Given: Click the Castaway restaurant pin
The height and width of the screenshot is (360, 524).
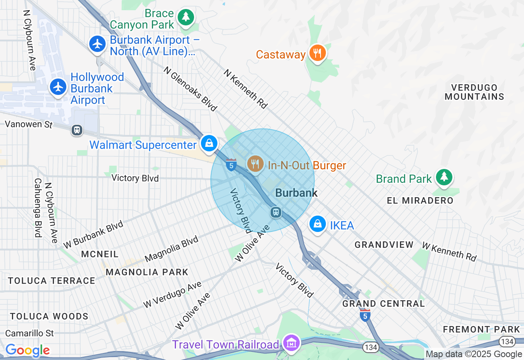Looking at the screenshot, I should [317, 53].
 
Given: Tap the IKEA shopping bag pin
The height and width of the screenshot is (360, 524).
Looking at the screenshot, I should [317, 224].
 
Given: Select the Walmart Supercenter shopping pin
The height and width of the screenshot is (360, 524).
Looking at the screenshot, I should [209, 144].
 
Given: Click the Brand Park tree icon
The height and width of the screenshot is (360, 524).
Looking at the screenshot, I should [444, 177].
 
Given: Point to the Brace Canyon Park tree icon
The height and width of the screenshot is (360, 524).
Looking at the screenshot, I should [186, 17].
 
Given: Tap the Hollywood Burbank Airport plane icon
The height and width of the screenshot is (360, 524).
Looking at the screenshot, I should [59, 87].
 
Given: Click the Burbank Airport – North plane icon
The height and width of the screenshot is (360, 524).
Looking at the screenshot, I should [98, 44].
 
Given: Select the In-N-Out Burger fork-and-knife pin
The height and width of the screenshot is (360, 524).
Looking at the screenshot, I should [255, 164].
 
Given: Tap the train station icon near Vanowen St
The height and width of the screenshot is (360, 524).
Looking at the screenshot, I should [77, 130].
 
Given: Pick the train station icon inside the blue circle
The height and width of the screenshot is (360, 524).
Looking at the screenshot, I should [276, 212].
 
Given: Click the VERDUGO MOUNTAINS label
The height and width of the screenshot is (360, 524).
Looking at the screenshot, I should [474, 92].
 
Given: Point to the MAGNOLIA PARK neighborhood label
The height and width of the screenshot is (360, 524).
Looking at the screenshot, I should [147, 272].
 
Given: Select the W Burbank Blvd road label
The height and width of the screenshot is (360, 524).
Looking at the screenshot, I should [93, 234].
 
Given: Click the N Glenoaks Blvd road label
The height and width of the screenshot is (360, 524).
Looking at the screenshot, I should [190, 89].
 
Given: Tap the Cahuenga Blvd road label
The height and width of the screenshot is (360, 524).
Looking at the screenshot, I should [38, 207].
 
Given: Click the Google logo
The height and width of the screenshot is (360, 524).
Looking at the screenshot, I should [27, 350].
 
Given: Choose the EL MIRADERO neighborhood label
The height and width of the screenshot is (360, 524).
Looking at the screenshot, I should [420, 200].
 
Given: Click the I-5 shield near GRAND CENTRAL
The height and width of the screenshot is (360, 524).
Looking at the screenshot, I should [365, 315].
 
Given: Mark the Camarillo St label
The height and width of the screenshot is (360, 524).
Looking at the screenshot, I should [29, 333].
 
